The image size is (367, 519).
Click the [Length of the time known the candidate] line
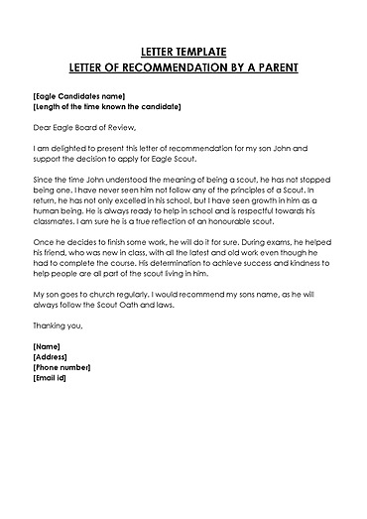pos(106,106)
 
